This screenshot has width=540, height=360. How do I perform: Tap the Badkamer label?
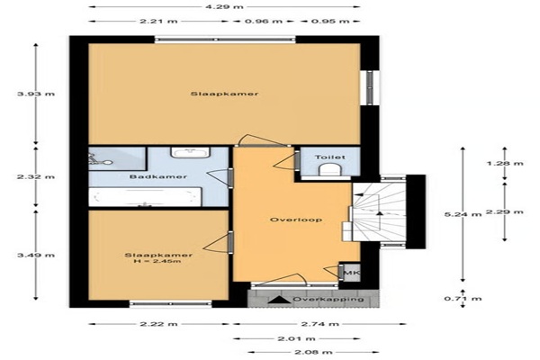tap(158, 176)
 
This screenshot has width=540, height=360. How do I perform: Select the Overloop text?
tap(296, 220)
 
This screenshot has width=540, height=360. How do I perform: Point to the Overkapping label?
tap(328, 299)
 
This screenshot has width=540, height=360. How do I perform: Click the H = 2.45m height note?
tap(157, 262)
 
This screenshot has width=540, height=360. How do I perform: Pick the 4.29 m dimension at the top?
tap(224, 6)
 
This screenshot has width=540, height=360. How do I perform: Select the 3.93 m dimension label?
tap(36, 94)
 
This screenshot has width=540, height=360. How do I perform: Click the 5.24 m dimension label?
tap(463, 214)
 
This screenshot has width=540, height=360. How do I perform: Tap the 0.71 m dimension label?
tap(463, 298)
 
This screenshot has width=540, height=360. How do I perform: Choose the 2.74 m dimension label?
tap(319, 324)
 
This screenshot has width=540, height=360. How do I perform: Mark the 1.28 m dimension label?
tap(505, 163)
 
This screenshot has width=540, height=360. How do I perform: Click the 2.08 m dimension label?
tap(313, 352)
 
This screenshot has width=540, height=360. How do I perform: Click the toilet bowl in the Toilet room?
tap(330, 169)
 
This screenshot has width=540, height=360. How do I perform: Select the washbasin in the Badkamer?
tap(191, 152)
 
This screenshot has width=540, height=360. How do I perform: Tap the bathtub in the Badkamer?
tap(145, 197)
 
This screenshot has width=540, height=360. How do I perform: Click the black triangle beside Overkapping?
tap(279, 300)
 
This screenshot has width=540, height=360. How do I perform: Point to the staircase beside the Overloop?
tap(379, 211)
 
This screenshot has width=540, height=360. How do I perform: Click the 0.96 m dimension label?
tap(264, 22)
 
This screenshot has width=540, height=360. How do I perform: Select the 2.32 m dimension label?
tap(36, 177)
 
